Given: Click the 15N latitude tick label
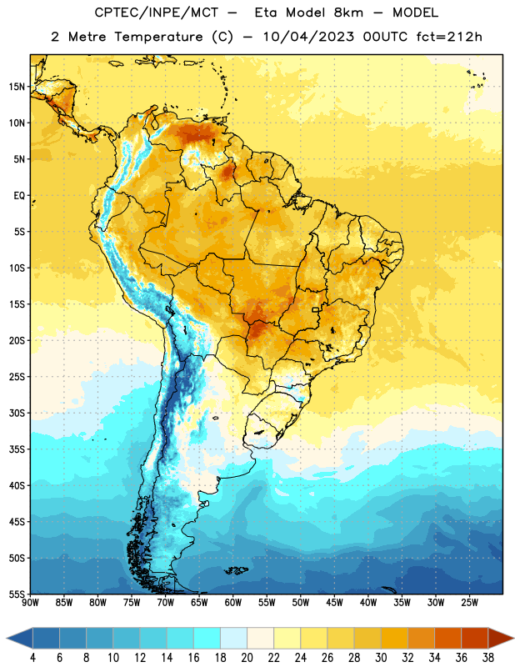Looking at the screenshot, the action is [17, 87].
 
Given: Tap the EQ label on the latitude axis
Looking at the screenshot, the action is [19, 196].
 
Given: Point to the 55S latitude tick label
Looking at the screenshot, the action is [17, 594].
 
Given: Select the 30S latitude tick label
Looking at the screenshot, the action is [17, 413].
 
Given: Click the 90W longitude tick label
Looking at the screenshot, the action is [30, 603].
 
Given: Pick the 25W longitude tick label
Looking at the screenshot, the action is [469, 603].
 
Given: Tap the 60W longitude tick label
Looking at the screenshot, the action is [233, 603].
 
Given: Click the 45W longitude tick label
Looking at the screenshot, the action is [335, 603].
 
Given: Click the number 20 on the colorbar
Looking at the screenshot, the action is [247, 658].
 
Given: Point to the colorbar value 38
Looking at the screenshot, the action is [488, 658].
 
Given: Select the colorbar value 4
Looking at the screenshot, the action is [32, 658].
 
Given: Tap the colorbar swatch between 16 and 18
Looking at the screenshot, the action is [207, 638].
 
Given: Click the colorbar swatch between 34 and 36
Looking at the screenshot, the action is [448, 638].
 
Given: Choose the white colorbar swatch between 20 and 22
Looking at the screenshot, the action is [261, 638].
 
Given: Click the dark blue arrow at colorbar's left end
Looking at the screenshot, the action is [19, 638].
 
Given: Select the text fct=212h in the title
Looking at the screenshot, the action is [449, 37].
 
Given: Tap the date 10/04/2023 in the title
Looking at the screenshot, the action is [308, 37].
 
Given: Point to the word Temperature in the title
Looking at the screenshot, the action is [159, 37].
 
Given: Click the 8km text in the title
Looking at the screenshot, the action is [348, 13].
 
